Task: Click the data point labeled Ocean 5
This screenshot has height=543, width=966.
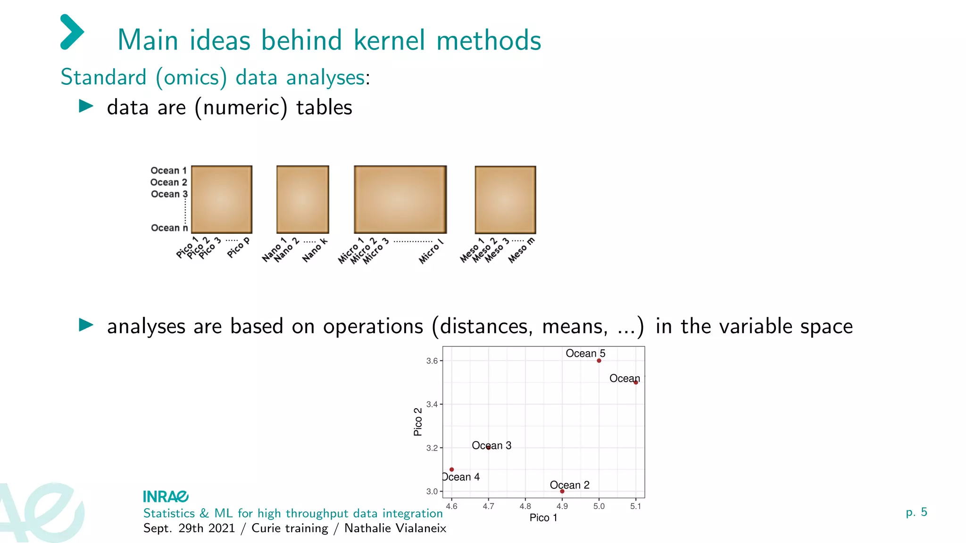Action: coord(599,361)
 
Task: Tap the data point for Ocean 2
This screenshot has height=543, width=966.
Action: coord(562,491)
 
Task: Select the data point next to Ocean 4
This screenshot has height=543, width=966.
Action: coord(452,469)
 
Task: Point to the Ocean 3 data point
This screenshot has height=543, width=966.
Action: coord(489,447)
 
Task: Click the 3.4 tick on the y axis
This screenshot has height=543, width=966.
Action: coord(432,404)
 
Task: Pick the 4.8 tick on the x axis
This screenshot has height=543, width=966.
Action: coord(525,506)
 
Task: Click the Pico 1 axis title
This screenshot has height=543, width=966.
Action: coord(543,518)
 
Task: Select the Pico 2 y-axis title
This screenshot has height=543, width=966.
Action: coord(418,422)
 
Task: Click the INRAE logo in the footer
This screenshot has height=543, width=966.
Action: coord(166,496)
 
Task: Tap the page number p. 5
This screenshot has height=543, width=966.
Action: coord(916,512)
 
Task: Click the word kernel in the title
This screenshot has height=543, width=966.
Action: coord(389,40)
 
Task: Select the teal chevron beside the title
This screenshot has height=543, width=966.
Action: coord(72,32)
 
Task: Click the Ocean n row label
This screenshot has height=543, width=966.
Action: coord(169,228)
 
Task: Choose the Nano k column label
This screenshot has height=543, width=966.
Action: coord(315,250)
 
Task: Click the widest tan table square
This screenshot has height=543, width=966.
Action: coord(400,199)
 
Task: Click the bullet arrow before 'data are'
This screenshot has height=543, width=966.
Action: coord(86,106)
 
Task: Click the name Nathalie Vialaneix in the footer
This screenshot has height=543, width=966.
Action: coord(395,528)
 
